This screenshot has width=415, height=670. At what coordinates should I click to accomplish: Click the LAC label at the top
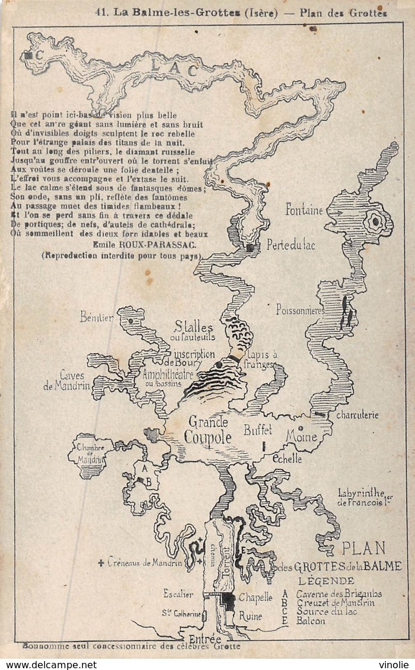click(174, 69)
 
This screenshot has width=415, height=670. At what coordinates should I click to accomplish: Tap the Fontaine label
click(304, 209)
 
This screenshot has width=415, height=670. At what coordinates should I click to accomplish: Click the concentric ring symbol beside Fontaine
click(375, 222)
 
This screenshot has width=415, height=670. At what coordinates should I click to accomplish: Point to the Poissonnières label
click(300, 309)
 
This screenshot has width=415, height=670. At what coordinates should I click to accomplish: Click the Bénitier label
click(97, 318)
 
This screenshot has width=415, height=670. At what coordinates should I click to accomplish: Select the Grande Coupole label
click(207, 430)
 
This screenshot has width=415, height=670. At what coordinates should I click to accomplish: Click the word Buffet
click(258, 429)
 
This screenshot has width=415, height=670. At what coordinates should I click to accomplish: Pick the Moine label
click(302, 437)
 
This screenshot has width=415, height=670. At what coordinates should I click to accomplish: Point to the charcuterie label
click(357, 415)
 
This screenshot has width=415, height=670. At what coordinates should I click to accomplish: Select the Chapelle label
click(255, 598)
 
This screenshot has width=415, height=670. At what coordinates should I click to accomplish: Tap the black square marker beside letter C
click(28, 56)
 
